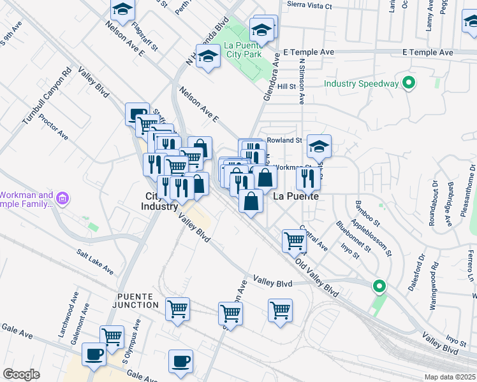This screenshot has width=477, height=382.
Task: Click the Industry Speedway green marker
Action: [x=409, y=83]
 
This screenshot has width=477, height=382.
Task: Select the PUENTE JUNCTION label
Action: [x=138, y=301]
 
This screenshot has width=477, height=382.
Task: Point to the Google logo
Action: [x=21, y=374]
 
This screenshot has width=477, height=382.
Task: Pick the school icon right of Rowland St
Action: [x=319, y=147]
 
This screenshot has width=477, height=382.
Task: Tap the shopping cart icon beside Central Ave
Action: [x=294, y=241]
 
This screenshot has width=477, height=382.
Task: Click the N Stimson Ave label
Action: [x=301, y=81]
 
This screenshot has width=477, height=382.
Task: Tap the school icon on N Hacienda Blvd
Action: [x=207, y=59]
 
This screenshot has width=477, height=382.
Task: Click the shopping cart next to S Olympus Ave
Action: [x=112, y=336]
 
